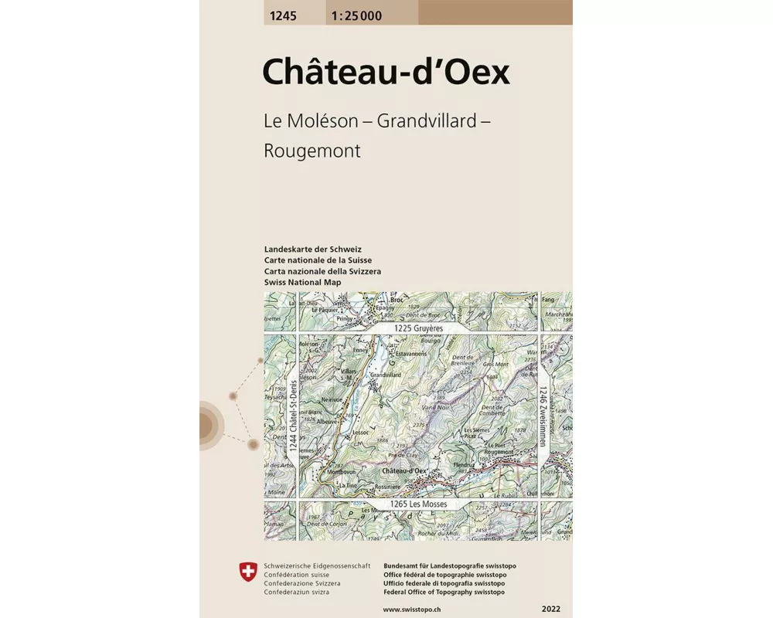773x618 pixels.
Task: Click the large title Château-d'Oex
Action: coord(386,72)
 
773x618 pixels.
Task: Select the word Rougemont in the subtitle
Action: coord(312,151)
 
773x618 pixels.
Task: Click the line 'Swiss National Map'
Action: coord(302,283)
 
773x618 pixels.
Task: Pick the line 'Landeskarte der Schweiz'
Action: coord(312,249)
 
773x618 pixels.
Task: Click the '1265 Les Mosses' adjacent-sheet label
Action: coord(419,504)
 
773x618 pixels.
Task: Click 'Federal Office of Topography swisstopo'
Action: coord(444,592)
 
